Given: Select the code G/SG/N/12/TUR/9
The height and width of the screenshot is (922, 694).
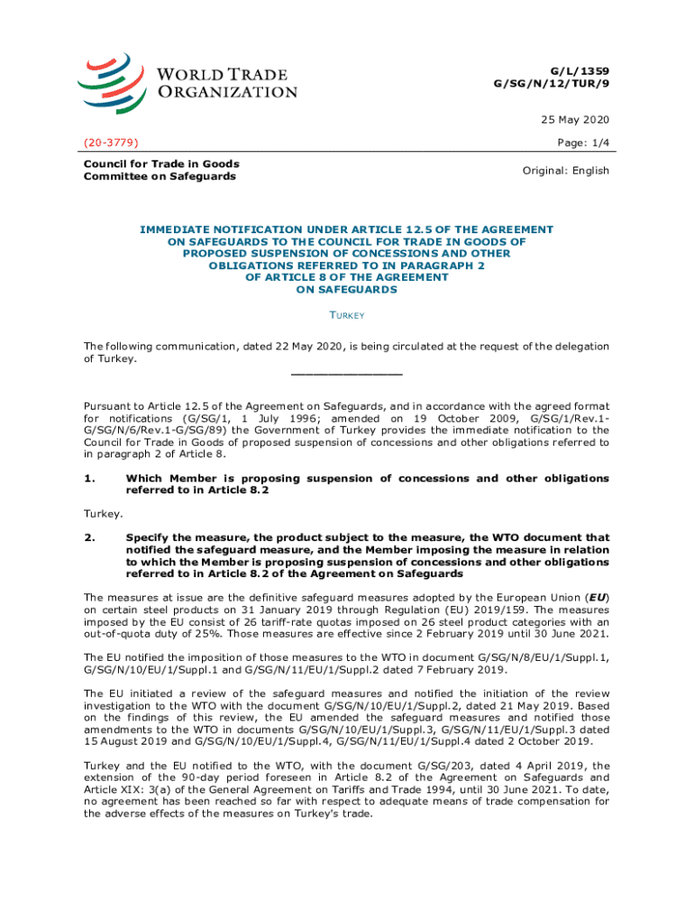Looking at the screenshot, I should tap(551, 83).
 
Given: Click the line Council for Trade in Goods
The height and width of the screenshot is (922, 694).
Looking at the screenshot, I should tap(161, 163).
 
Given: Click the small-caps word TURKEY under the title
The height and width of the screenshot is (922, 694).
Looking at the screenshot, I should tap(346, 316).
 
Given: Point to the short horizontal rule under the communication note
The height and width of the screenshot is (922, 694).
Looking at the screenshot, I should tap(346, 374).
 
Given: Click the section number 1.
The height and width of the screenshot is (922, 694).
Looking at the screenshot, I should tap(89, 478).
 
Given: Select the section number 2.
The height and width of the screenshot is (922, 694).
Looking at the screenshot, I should tap(89, 537).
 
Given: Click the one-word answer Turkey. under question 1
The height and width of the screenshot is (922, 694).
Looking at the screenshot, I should tap(104, 513).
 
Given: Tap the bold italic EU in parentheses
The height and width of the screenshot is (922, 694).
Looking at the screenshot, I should tap(597, 597).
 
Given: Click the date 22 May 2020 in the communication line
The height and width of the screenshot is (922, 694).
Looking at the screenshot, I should tap(267, 347).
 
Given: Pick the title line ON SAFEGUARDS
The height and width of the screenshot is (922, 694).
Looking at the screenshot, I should tap(346, 290).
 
